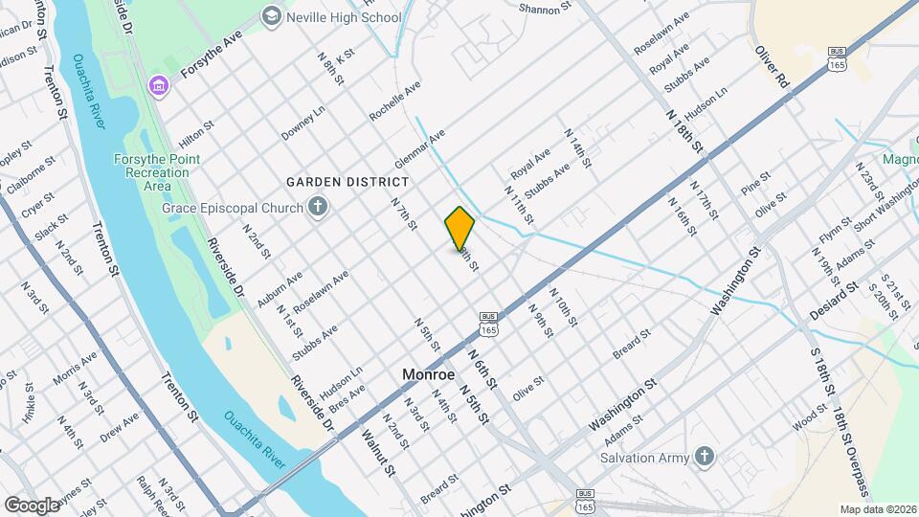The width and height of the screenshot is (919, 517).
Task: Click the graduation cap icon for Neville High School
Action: tap(272, 16)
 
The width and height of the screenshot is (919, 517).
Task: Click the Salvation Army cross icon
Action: tap(705, 457)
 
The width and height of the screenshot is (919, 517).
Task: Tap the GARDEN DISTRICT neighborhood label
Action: tap(348, 181)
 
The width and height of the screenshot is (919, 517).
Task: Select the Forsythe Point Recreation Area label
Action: tap(157, 172)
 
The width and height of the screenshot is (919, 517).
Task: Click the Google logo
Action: tap(32, 505)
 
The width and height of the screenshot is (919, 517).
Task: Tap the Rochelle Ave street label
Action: tap(395, 101)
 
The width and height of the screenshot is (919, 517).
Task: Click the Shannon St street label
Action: tap(545, 8)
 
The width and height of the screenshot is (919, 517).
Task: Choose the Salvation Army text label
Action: tap(644, 458)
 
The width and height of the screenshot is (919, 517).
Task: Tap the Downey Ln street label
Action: tap(303, 123)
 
